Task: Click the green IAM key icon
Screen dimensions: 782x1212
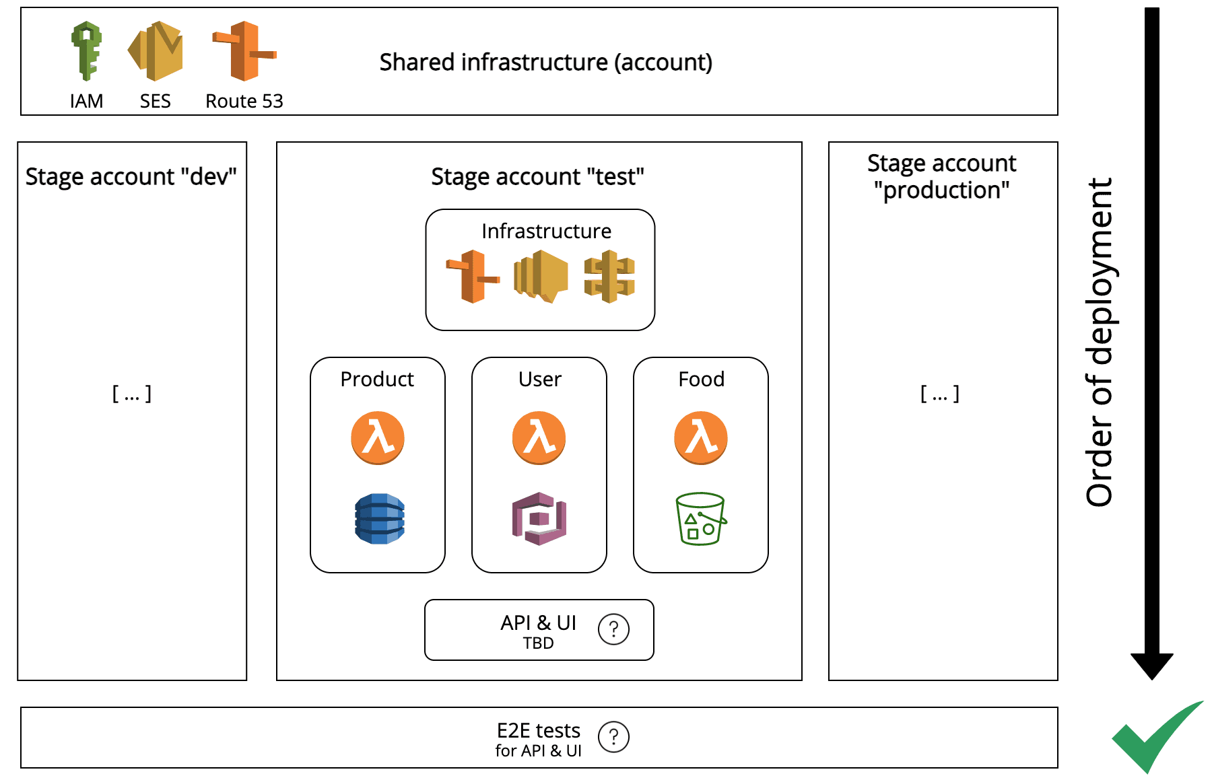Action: pos(87,51)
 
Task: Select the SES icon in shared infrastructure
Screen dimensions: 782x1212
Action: pos(156,51)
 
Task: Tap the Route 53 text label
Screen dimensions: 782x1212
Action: pos(244,101)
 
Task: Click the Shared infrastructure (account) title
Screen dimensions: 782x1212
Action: pos(545,62)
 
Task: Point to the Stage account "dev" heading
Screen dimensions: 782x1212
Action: pos(131,176)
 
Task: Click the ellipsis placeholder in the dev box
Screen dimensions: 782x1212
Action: pos(131,394)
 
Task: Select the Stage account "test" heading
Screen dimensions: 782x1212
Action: pos(537,176)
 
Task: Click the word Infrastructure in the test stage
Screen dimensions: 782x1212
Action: pos(546,231)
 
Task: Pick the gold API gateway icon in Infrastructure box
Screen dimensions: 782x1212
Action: pos(609,277)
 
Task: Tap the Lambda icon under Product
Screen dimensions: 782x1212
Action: pos(378,438)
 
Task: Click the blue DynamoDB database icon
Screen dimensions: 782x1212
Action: pos(380,519)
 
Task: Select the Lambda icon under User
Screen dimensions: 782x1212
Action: pos(539,438)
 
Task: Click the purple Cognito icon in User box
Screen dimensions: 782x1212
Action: pos(539,519)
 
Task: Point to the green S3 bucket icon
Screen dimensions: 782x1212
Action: pos(701,519)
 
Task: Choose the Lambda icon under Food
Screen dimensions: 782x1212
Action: pos(701,438)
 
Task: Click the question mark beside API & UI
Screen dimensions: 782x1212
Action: pos(613,629)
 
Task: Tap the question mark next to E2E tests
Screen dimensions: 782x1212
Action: pos(613,737)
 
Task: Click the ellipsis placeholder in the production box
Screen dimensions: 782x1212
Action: pos(940,394)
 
